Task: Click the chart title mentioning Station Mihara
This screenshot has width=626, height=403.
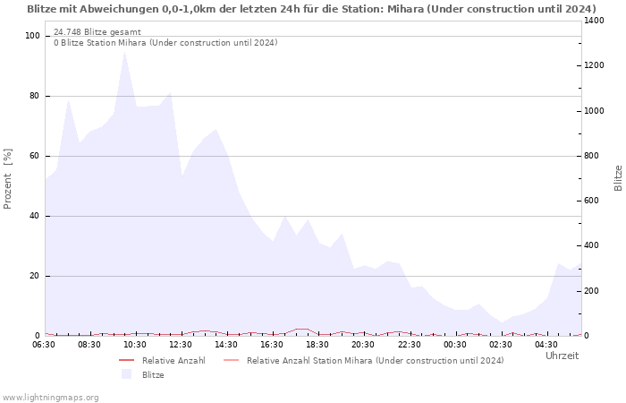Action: [311, 9]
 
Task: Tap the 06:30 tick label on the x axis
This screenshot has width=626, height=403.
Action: [45, 344]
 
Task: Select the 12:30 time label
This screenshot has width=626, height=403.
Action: [182, 344]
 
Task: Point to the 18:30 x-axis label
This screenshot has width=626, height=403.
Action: [317, 344]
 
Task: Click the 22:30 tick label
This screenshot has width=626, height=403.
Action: [409, 344]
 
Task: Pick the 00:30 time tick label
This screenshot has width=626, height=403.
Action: [454, 344]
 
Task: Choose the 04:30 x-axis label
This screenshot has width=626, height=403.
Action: [546, 344]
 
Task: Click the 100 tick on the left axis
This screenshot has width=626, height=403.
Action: [33, 36]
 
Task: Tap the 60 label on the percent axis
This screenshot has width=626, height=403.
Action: [36, 156]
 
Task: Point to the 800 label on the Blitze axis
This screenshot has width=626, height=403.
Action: [594, 156]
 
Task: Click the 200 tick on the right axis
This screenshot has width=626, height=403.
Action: [594, 291]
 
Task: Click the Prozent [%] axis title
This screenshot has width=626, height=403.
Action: [9, 179]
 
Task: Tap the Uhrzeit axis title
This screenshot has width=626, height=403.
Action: [562, 356]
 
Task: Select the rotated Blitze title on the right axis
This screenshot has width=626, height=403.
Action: [618, 177]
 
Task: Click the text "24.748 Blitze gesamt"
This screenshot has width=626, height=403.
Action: [97, 32]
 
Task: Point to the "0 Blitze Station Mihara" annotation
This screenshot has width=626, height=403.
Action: [165, 43]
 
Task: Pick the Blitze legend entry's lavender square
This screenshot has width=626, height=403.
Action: [126, 374]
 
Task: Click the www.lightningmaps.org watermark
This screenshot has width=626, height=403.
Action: [50, 397]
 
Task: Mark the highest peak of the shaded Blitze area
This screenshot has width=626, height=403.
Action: [125, 51]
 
